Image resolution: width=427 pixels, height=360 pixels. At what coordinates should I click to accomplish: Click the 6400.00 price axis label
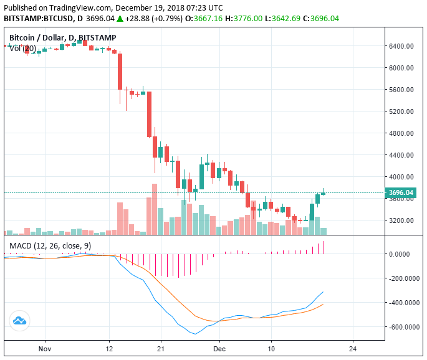(402, 46)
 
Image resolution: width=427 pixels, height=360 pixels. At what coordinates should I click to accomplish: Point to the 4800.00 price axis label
(402, 133)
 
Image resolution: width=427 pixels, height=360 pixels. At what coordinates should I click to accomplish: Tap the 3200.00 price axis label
(402, 220)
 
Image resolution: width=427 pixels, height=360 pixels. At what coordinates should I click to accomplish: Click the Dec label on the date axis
(218, 348)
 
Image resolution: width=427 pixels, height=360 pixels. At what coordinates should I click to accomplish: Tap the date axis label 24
(353, 348)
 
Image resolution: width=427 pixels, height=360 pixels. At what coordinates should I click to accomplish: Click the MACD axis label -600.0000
(404, 327)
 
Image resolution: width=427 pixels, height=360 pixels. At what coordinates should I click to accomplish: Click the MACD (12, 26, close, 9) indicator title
(50, 246)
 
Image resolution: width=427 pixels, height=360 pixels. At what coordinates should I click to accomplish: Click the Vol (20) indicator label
(23, 49)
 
